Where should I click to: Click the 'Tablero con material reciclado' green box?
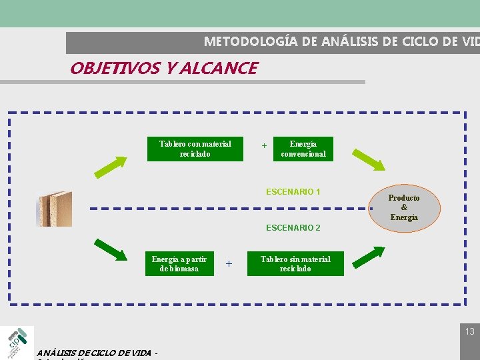(195, 149)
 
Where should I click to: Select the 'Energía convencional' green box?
(303, 149)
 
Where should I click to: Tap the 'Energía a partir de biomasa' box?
(179, 264)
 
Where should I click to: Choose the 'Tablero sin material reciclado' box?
(295, 264)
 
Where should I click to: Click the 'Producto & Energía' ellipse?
(404, 208)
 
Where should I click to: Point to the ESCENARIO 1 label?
(293, 192)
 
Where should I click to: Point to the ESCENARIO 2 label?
(293, 228)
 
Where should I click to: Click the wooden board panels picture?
(54, 209)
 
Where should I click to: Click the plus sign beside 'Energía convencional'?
(264, 146)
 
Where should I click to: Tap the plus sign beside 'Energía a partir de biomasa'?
(229, 264)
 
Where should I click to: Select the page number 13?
(470, 331)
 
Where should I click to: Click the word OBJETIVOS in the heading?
(110, 68)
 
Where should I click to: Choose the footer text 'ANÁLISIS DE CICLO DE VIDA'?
(94, 353)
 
